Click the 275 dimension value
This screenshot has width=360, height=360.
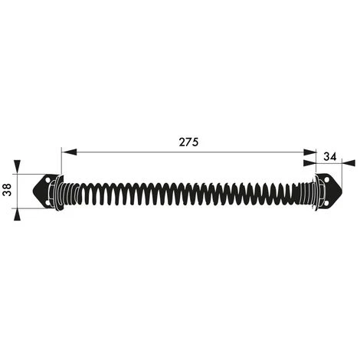pyautogui.click(x=188, y=142)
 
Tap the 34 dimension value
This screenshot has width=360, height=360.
pyautogui.click(x=330, y=156)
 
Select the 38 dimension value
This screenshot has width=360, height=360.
pyautogui.click(x=7, y=190)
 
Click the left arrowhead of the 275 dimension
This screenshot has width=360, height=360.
pyautogui.click(x=70, y=152)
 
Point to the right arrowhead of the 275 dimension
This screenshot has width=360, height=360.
pyautogui.click(x=309, y=152)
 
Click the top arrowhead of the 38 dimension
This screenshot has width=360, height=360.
pyautogui.click(x=17, y=167)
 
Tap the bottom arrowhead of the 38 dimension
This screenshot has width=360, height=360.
pyautogui.click(x=17, y=214)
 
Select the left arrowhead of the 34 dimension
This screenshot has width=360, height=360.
pyautogui.click(x=309, y=163)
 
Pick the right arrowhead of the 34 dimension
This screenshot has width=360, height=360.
pyautogui.click(x=349, y=163)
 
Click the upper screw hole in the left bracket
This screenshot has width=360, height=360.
pyautogui.click(x=47, y=180)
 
